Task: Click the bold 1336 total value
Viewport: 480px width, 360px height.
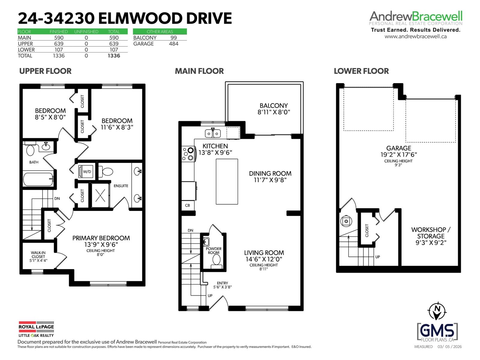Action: point(114,56)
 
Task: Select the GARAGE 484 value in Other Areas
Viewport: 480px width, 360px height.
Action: point(173,44)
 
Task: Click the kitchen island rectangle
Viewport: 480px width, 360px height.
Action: point(227,181)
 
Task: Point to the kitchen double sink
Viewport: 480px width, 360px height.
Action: point(213,133)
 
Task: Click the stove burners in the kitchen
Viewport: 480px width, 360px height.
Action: point(188,154)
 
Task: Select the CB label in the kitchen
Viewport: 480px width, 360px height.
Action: point(187,205)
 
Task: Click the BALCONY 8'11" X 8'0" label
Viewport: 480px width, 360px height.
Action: point(274,109)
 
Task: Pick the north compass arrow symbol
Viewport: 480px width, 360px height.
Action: point(437,311)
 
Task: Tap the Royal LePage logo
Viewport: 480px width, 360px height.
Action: point(36,329)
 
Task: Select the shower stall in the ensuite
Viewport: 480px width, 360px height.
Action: point(100,195)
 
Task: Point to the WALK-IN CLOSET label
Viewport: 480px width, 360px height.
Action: point(38,256)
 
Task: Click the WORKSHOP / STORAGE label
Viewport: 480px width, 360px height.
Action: point(430,236)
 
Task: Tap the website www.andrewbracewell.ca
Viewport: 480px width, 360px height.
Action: point(415,36)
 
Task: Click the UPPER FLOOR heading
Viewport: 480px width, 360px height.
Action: point(45,71)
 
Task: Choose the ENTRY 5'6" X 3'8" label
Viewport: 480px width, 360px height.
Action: point(222,285)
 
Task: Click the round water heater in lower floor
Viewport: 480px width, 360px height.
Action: point(346,221)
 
